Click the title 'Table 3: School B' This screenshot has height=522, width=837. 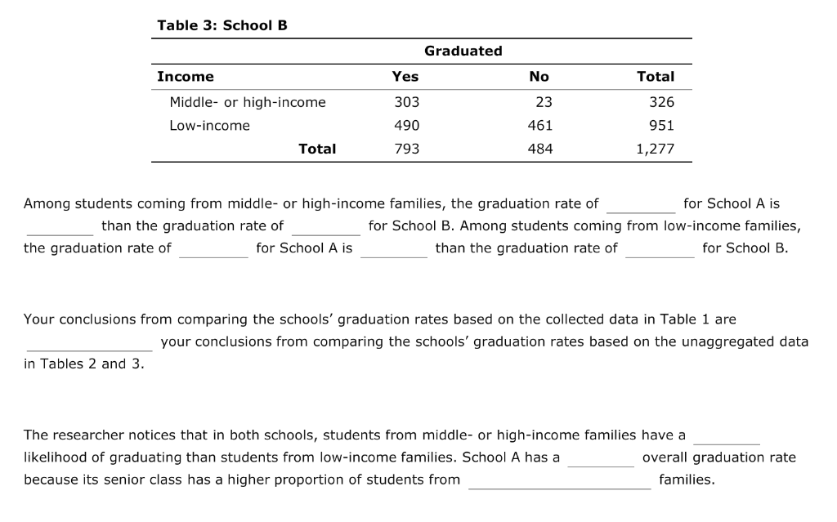(x=222, y=25)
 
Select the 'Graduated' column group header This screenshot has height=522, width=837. (x=463, y=51)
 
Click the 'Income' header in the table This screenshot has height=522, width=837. (x=186, y=77)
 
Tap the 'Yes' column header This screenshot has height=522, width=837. (x=405, y=77)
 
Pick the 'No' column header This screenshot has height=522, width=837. (x=539, y=77)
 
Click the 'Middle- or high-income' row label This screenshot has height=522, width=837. (x=247, y=102)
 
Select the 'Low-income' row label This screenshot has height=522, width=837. (x=209, y=126)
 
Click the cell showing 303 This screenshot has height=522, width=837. (x=406, y=102)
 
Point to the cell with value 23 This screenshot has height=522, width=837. (x=544, y=102)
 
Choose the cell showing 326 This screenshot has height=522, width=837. (x=661, y=102)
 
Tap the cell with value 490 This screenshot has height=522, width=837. (x=406, y=126)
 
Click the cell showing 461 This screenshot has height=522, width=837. (x=540, y=126)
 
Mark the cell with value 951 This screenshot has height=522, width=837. (x=661, y=126)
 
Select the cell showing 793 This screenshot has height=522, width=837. (x=406, y=149)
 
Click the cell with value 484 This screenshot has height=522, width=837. (x=540, y=149)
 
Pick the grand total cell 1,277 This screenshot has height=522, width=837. (x=655, y=149)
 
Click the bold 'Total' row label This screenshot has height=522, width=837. (x=317, y=149)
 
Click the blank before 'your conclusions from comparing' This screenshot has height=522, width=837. (x=88, y=342)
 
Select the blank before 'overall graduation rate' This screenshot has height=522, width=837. (x=601, y=458)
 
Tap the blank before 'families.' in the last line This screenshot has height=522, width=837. (x=560, y=480)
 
